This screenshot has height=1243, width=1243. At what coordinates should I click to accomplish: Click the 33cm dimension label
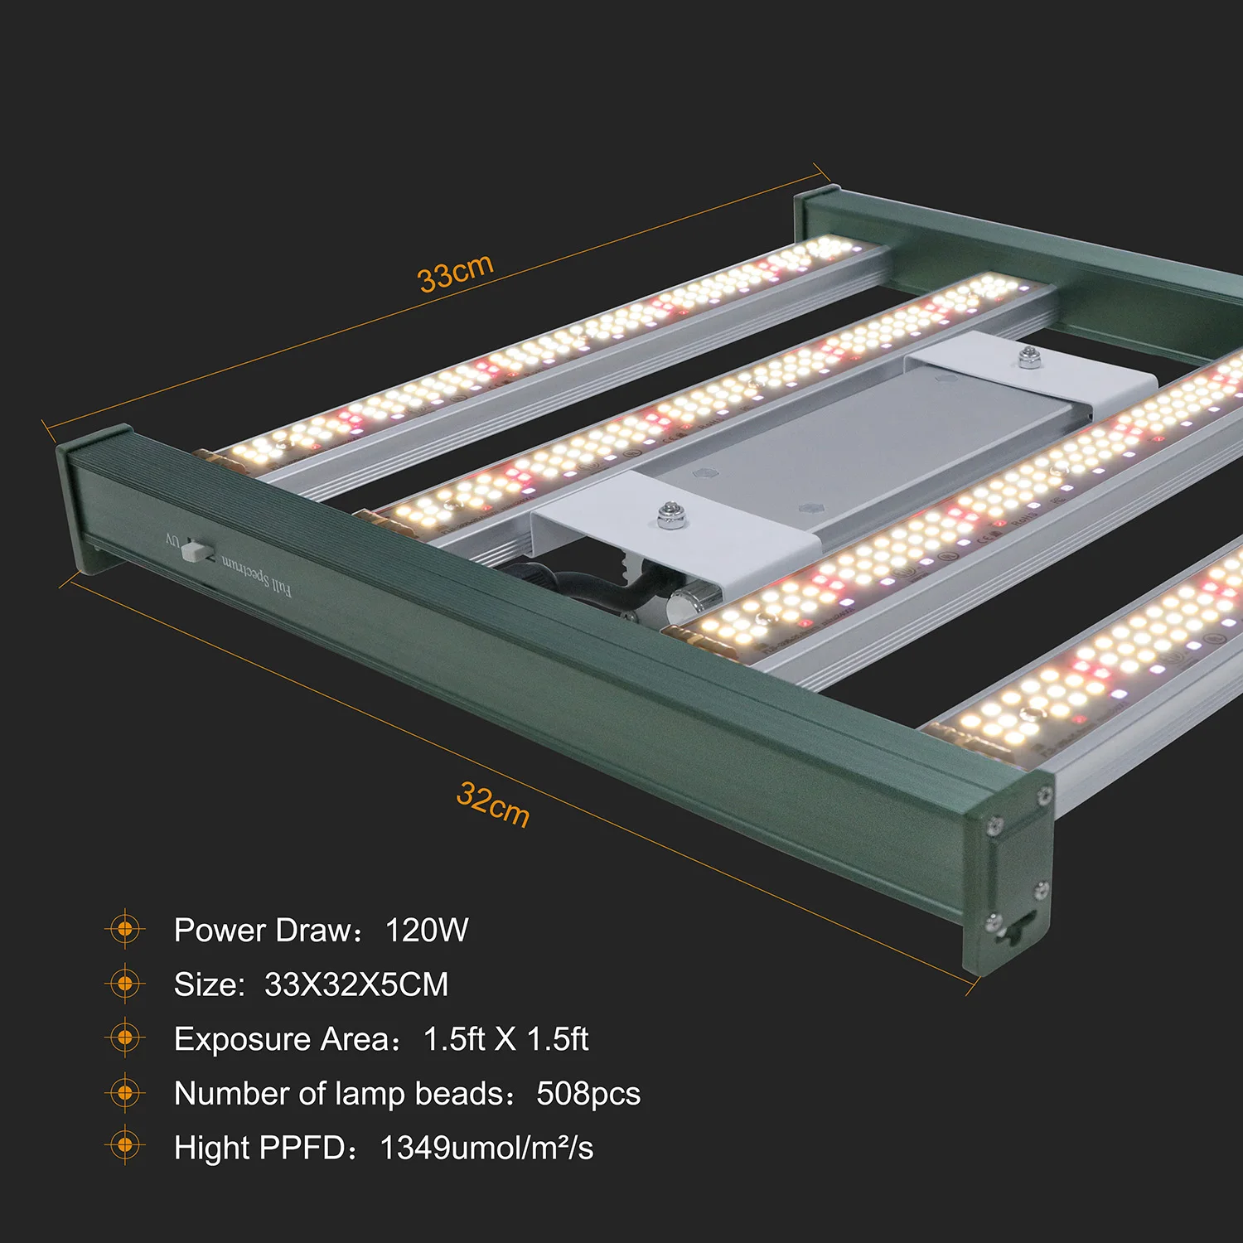[456, 273]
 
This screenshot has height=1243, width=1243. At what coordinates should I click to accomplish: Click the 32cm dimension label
[492, 804]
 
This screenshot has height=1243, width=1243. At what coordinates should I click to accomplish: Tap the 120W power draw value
[427, 930]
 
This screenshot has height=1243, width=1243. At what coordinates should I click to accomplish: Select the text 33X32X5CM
[356, 984]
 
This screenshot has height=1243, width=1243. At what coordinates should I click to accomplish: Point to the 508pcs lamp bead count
[588, 1094]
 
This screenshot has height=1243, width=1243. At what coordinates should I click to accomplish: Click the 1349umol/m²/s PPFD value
[486, 1148]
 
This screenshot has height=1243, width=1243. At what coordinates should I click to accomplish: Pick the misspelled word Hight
[212, 1148]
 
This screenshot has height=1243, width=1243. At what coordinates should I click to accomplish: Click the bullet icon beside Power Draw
[125, 930]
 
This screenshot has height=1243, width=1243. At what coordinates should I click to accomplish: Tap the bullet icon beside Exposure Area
[125, 1037]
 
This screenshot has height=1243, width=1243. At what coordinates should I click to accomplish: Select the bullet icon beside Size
[125, 984]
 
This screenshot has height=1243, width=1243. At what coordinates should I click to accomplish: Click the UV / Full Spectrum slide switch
[196, 550]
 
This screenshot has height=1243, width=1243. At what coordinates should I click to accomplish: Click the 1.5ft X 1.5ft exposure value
[505, 1039]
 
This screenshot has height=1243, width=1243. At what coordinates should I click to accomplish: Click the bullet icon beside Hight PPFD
[125, 1146]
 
